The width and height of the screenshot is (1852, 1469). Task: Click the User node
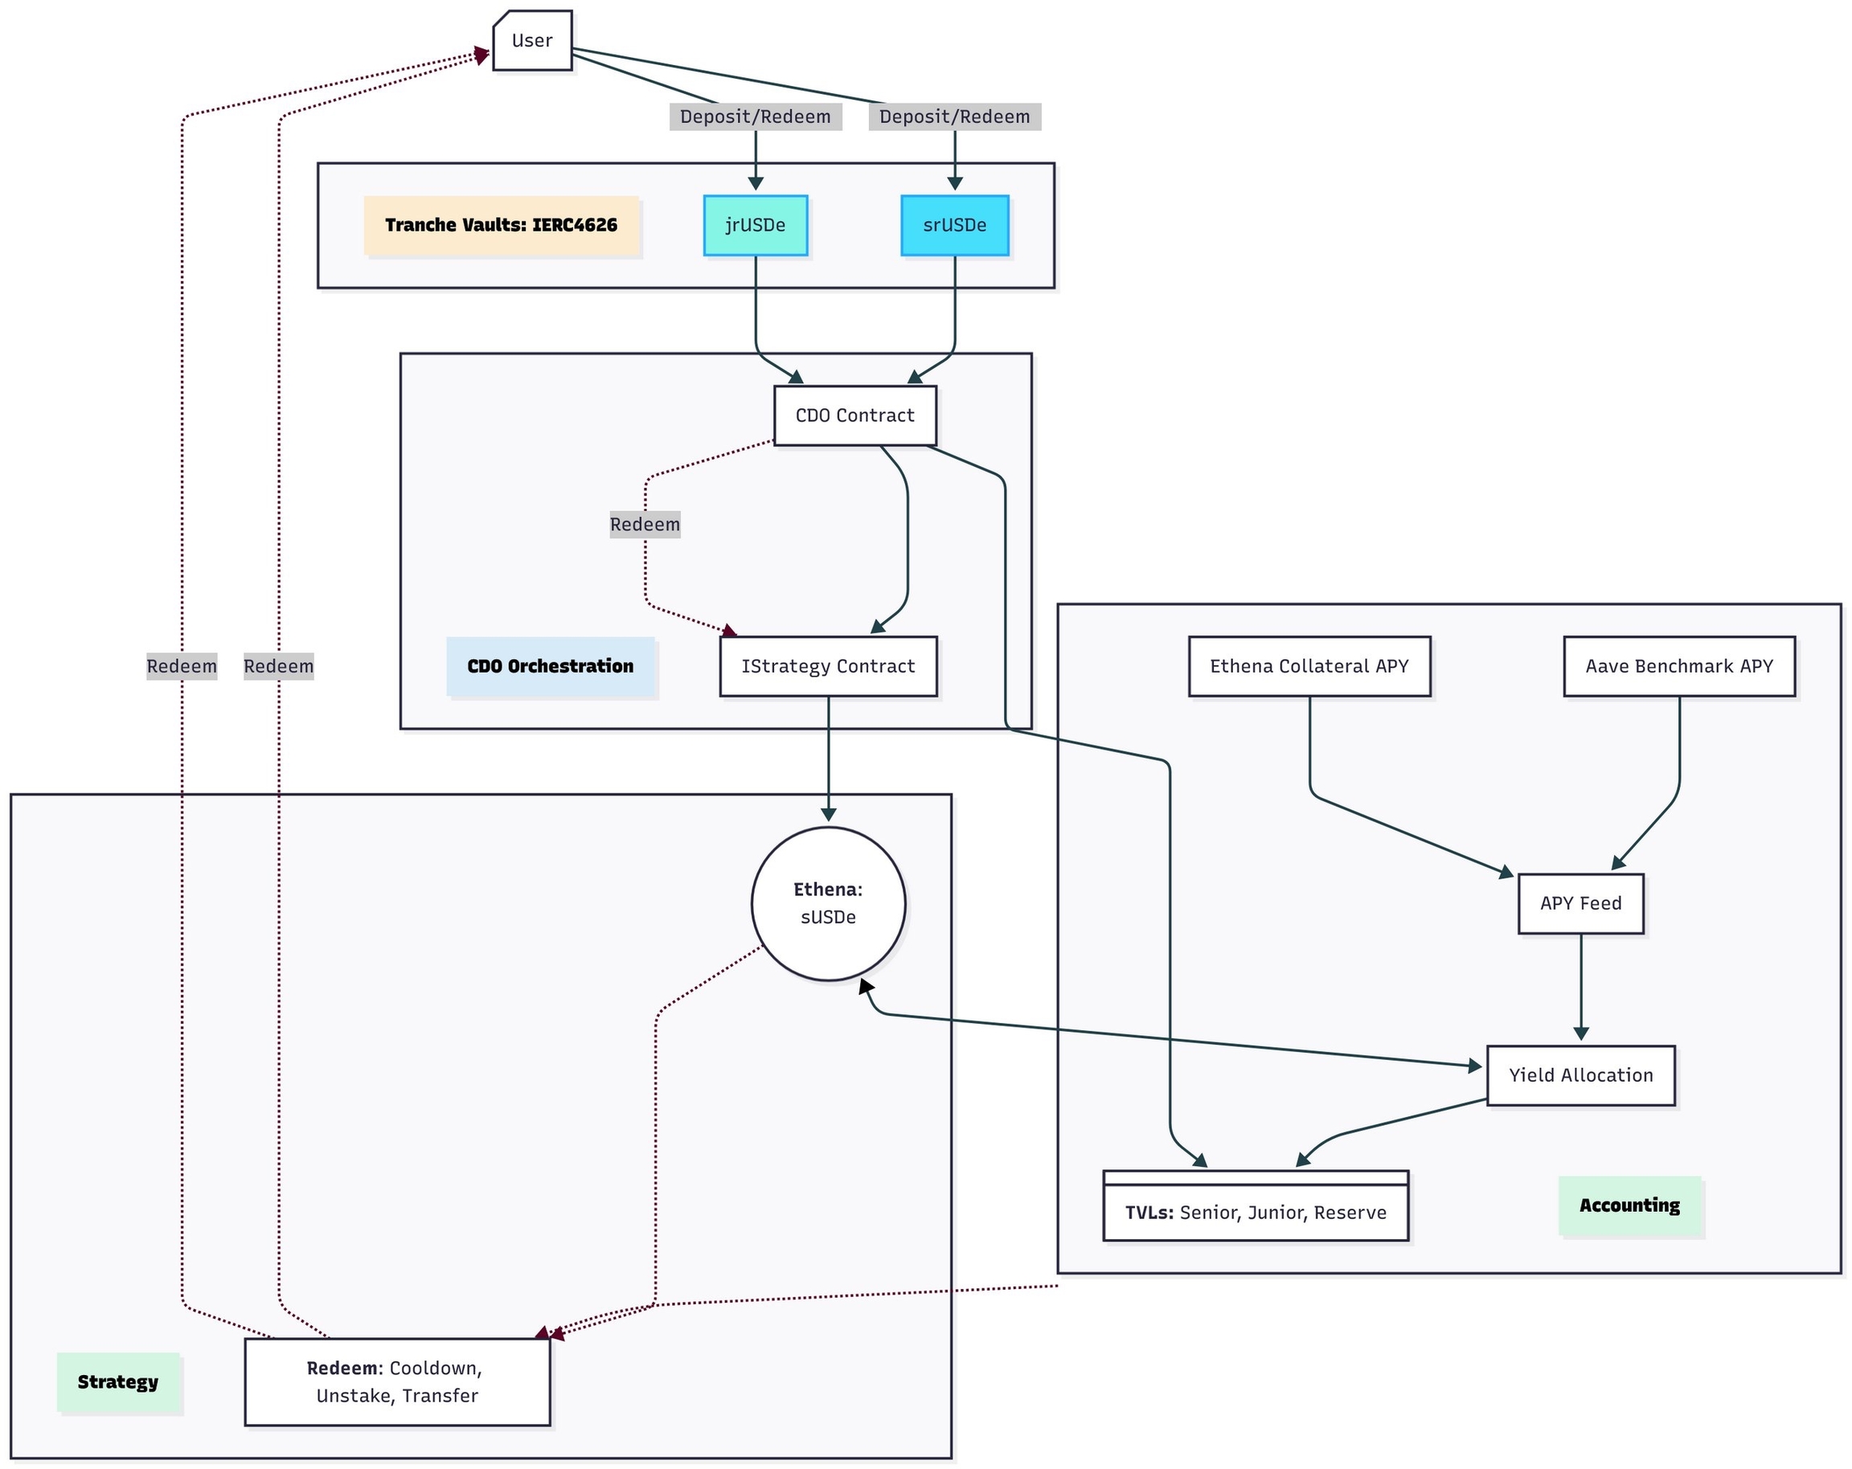[x=531, y=40]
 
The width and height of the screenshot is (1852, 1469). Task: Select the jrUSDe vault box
[x=755, y=225]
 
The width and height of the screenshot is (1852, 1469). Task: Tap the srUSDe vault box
[x=954, y=225]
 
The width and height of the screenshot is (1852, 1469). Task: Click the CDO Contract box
[x=854, y=415]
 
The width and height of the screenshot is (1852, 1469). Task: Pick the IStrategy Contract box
[x=828, y=666]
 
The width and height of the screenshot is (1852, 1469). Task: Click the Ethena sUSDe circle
[x=828, y=903]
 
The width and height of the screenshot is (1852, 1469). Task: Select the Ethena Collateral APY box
[x=1309, y=666]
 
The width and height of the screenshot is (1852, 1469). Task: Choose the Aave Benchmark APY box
[x=1678, y=666]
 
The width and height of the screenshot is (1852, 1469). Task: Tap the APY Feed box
[x=1580, y=903]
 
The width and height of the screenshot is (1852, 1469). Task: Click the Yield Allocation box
[x=1580, y=1075]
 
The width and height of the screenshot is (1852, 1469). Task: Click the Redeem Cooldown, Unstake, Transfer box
[x=397, y=1381]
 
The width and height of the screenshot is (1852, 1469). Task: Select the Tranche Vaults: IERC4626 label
[x=502, y=225]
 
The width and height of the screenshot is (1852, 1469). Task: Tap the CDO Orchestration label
[x=551, y=666]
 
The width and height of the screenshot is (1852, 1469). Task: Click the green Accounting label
[x=1629, y=1205]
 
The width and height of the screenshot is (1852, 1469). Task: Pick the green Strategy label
[x=118, y=1381]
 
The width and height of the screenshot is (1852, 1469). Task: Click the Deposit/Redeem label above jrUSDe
[x=755, y=117]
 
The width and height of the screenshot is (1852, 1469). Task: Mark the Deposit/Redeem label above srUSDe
[x=954, y=117]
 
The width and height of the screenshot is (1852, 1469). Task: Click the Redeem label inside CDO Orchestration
[x=645, y=525]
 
